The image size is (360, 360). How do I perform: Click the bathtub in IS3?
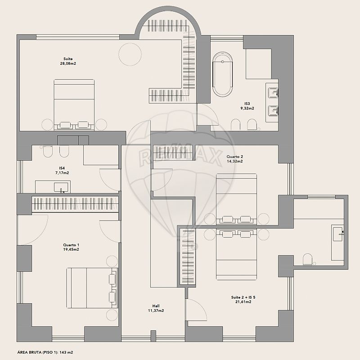(x=222, y=75)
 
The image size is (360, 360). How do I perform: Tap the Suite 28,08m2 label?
(x=68, y=61)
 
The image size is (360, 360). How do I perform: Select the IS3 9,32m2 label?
(x=247, y=106)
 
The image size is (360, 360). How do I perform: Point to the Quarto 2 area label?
(x=234, y=159)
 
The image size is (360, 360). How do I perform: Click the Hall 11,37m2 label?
(x=156, y=308)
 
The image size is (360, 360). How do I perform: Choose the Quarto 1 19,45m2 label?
(x=71, y=247)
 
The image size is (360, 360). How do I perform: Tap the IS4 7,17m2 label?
(x=62, y=171)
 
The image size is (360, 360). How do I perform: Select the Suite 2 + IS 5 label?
(x=243, y=299)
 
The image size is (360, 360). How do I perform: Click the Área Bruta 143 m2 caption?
(x=45, y=352)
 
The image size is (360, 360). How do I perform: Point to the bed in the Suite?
(x=74, y=105)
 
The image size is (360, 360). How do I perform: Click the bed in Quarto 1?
(x=92, y=288)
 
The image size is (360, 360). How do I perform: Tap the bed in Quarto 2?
(x=237, y=199)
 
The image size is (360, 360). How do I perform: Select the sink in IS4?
(x=61, y=187)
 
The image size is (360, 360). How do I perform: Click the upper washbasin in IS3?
(x=273, y=92)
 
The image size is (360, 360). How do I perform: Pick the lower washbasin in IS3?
(x=273, y=111)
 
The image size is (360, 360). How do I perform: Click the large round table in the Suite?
(x=130, y=54)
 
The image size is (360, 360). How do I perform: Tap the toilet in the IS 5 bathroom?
(x=308, y=259)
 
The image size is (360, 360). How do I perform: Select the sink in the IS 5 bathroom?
(x=338, y=234)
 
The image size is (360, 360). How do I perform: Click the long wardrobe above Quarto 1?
(x=75, y=204)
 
